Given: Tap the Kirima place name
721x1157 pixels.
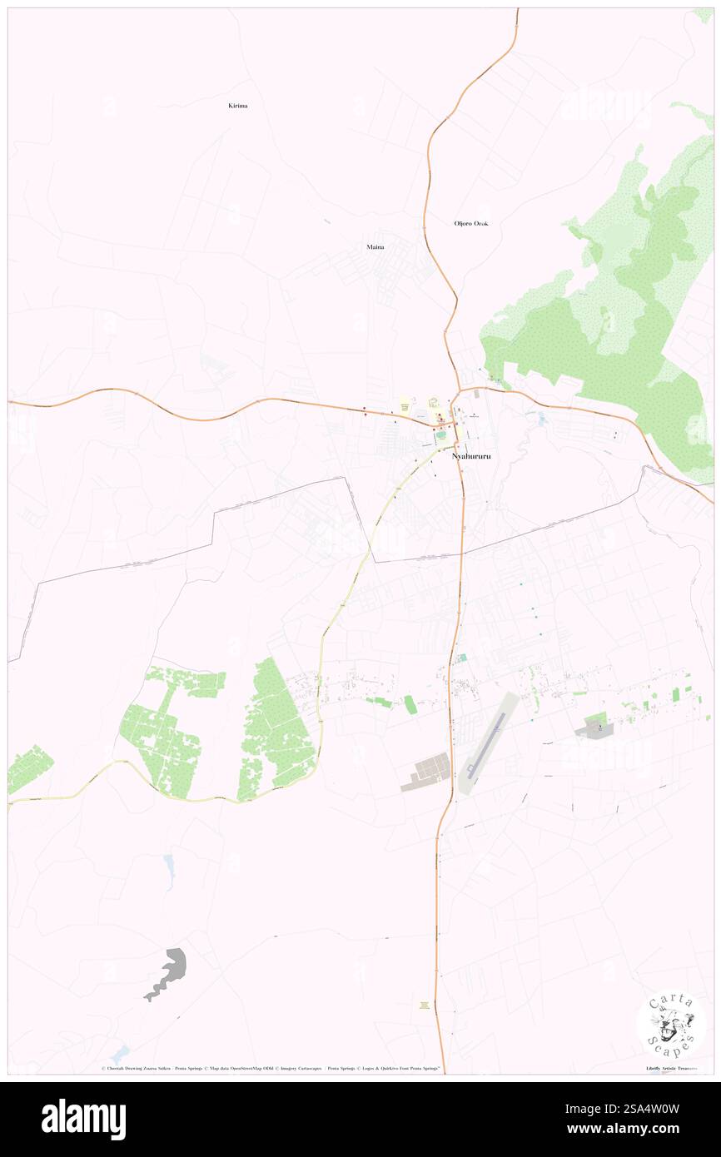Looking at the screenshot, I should tap(238, 106).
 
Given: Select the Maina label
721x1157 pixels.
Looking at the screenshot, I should tap(375, 247).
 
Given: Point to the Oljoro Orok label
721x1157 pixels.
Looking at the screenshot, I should tap(471, 224).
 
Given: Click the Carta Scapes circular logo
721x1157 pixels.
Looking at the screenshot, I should tap(670, 1025).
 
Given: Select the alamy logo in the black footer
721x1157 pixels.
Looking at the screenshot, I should tap(83, 1119).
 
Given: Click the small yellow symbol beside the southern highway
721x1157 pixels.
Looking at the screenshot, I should tap(425, 1006).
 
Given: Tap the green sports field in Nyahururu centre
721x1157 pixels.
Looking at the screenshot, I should tap(440, 435).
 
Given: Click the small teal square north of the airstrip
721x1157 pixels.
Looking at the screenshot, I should tap(462, 658).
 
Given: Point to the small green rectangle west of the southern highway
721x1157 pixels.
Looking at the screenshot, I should tap(410, 704).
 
